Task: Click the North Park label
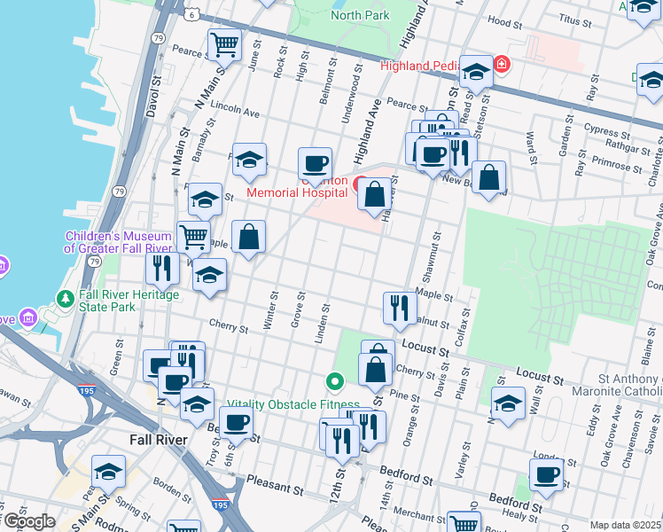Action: tap(360, 15)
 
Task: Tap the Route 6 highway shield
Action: tap(191, 14)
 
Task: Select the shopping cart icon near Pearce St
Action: tap(224, 43)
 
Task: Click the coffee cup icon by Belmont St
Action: tap(315, 163)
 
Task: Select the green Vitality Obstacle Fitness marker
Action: tap(335, 383)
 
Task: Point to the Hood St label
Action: tap(505, 20)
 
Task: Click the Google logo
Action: tap(29, 521)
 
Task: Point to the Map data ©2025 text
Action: tap(624, 525)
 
